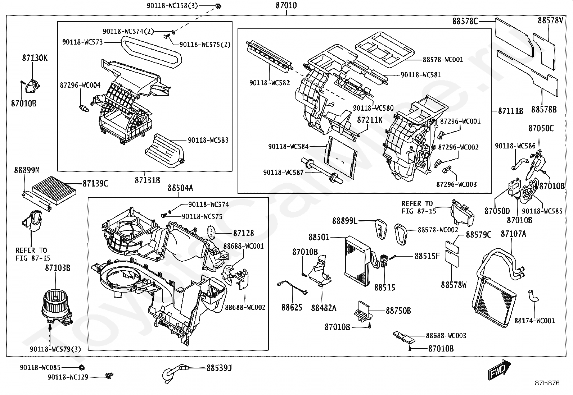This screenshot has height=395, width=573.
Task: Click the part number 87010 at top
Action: tap(286, 5)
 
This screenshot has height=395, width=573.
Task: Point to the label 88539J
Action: tap(219, 368)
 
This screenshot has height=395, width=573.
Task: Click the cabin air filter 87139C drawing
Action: tap(54, 190)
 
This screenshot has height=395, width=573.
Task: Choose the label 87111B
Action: tap(510, 111)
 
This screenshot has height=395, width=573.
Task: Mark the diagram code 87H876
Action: tap(547, 383)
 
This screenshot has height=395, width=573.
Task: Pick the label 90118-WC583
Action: tap(208, 140)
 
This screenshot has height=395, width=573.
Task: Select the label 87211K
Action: tap(370, 120)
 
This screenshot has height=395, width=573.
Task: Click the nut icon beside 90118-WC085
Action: tap(81, 367)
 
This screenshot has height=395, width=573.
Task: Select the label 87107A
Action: tap(513, 234)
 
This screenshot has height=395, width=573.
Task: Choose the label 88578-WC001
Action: tap(443, 60)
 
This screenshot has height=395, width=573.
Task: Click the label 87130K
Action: tap(35, 58)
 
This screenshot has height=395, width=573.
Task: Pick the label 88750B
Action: tap(398, 311)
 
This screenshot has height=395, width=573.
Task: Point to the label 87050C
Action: tap(541, 128)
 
